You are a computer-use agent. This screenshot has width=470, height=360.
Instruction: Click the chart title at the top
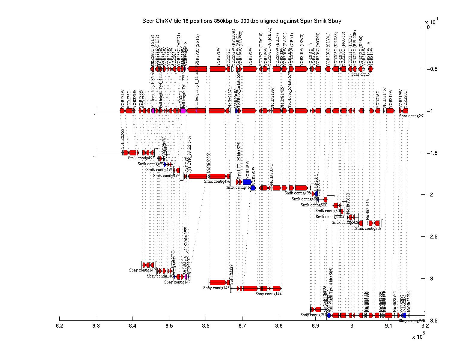tap(242, 21)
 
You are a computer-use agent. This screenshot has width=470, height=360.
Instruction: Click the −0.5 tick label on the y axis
tap(432, 69)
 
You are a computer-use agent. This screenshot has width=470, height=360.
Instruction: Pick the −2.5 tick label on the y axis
tap(432, 237)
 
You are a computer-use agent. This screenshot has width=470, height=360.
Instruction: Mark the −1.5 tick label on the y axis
tap(432, 153)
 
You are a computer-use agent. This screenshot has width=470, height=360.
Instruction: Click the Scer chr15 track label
tap(360, 74)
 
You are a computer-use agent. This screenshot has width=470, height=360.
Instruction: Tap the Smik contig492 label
tap(141, 158)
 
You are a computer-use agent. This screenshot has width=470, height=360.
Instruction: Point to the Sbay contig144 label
tap(268, 294)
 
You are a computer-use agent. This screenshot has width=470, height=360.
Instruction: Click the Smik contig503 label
tap(368, 228)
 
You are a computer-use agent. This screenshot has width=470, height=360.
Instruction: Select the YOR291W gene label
tap(219, 57)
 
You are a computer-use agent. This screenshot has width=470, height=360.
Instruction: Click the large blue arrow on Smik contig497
tap(247, 182)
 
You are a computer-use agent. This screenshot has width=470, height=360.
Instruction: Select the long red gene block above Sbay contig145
tap(218, 282)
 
